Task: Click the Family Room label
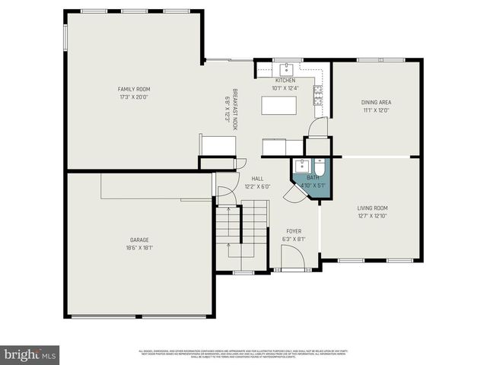coord(133,89)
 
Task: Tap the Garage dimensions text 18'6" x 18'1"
coord(138,248)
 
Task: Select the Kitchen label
coord(285,80)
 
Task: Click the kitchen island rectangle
coord(279,105)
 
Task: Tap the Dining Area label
coord(375,102)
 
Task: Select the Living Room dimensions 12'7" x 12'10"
coord(373,216)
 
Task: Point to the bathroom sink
coord(302,166)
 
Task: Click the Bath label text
coord(311,176)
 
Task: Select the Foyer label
coord(294,230)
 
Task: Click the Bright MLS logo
coord(30,354)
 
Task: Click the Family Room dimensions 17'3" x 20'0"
coord(133,97)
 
